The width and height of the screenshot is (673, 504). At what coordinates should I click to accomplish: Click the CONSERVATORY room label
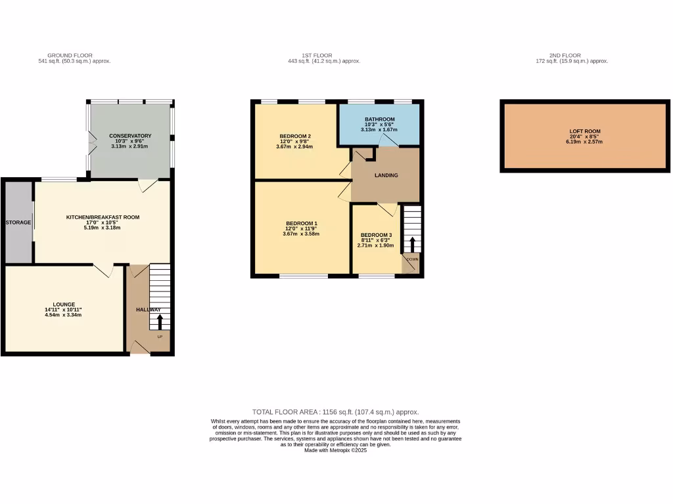[x=130, y=136]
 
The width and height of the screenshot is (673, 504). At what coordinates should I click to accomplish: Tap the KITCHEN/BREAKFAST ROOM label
[x=103, y=217]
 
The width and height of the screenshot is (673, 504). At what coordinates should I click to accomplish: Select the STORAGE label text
[x=18, y=222]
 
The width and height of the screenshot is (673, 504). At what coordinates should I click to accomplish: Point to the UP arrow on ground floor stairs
[x=159, y=322]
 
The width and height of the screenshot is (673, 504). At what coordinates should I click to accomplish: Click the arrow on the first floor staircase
[x=412, y=244]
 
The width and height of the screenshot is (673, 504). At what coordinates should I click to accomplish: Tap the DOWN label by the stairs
[x=411, y=259]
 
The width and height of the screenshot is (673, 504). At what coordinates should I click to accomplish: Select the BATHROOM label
[x=380, y=119]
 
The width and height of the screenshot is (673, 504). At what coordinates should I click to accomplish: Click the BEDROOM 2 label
[x=294, y=136]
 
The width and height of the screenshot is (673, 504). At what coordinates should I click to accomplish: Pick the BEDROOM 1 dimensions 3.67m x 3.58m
[x=300, y=234]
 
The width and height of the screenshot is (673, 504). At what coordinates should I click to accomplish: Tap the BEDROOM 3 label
[x=376, y=236]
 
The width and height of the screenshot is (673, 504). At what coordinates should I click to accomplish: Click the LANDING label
[x=386, y=175]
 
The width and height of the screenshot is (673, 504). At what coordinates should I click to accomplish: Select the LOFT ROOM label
[x=585, y=131]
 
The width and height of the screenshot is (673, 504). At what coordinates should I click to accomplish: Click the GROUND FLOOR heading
[x=70, y=55]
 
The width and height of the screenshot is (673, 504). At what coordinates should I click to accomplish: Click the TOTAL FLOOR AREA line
[x=336, y=411]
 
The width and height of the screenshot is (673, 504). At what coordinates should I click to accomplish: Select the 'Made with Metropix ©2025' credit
[x=336, y=451]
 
